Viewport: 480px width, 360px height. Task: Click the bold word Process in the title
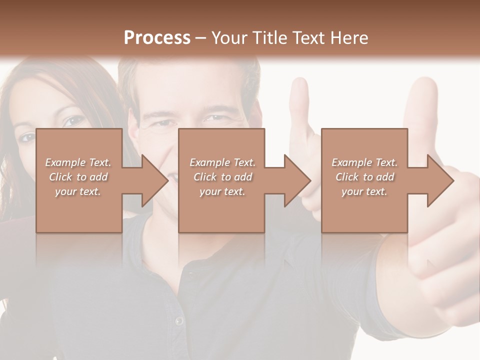click(x=157, y=38)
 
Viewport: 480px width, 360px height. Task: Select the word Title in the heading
click(x=266, y=38)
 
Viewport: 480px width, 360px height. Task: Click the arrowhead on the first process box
click(x=155, y=180)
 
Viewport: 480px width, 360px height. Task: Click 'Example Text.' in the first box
click(x=78, y=162)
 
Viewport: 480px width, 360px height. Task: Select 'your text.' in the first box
click(x=78, y=191)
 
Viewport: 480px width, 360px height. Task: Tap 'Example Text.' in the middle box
click(x=222, y=162)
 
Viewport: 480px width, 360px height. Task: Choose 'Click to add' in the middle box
click(x=222, y=177)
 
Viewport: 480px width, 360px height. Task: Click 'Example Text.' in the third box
click(x=364, y=162)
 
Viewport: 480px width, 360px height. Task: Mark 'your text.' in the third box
click(x=364, y=191)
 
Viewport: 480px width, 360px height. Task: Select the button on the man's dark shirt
click(x=178, y=320)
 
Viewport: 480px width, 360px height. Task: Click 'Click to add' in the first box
click(x=78, y=177)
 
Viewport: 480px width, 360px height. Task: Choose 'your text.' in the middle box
click(x=222, y=191)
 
